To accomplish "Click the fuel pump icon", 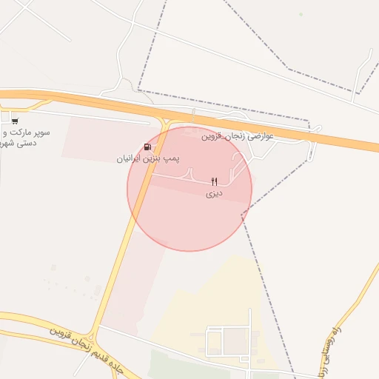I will (x=149, y=147).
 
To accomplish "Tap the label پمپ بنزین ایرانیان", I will (x=148, y=158).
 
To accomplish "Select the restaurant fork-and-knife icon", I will (x=215, y=181).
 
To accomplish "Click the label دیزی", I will (x=214, y=193).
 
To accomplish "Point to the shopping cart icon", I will (x=15, y=121).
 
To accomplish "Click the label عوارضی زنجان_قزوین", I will (x=238, y=136).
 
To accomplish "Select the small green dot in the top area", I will (x=301, y=14).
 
